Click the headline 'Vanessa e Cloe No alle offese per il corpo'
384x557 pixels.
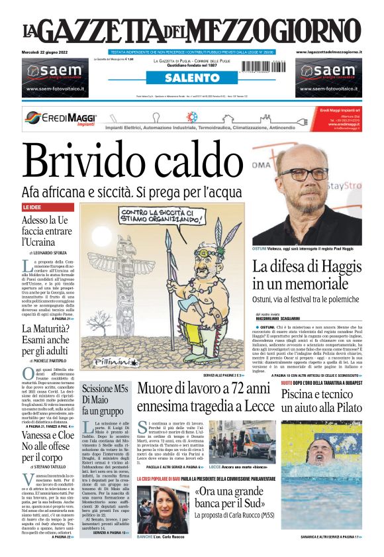tap(48, 446)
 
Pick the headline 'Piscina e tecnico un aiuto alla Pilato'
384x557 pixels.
tap(322, 401)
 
